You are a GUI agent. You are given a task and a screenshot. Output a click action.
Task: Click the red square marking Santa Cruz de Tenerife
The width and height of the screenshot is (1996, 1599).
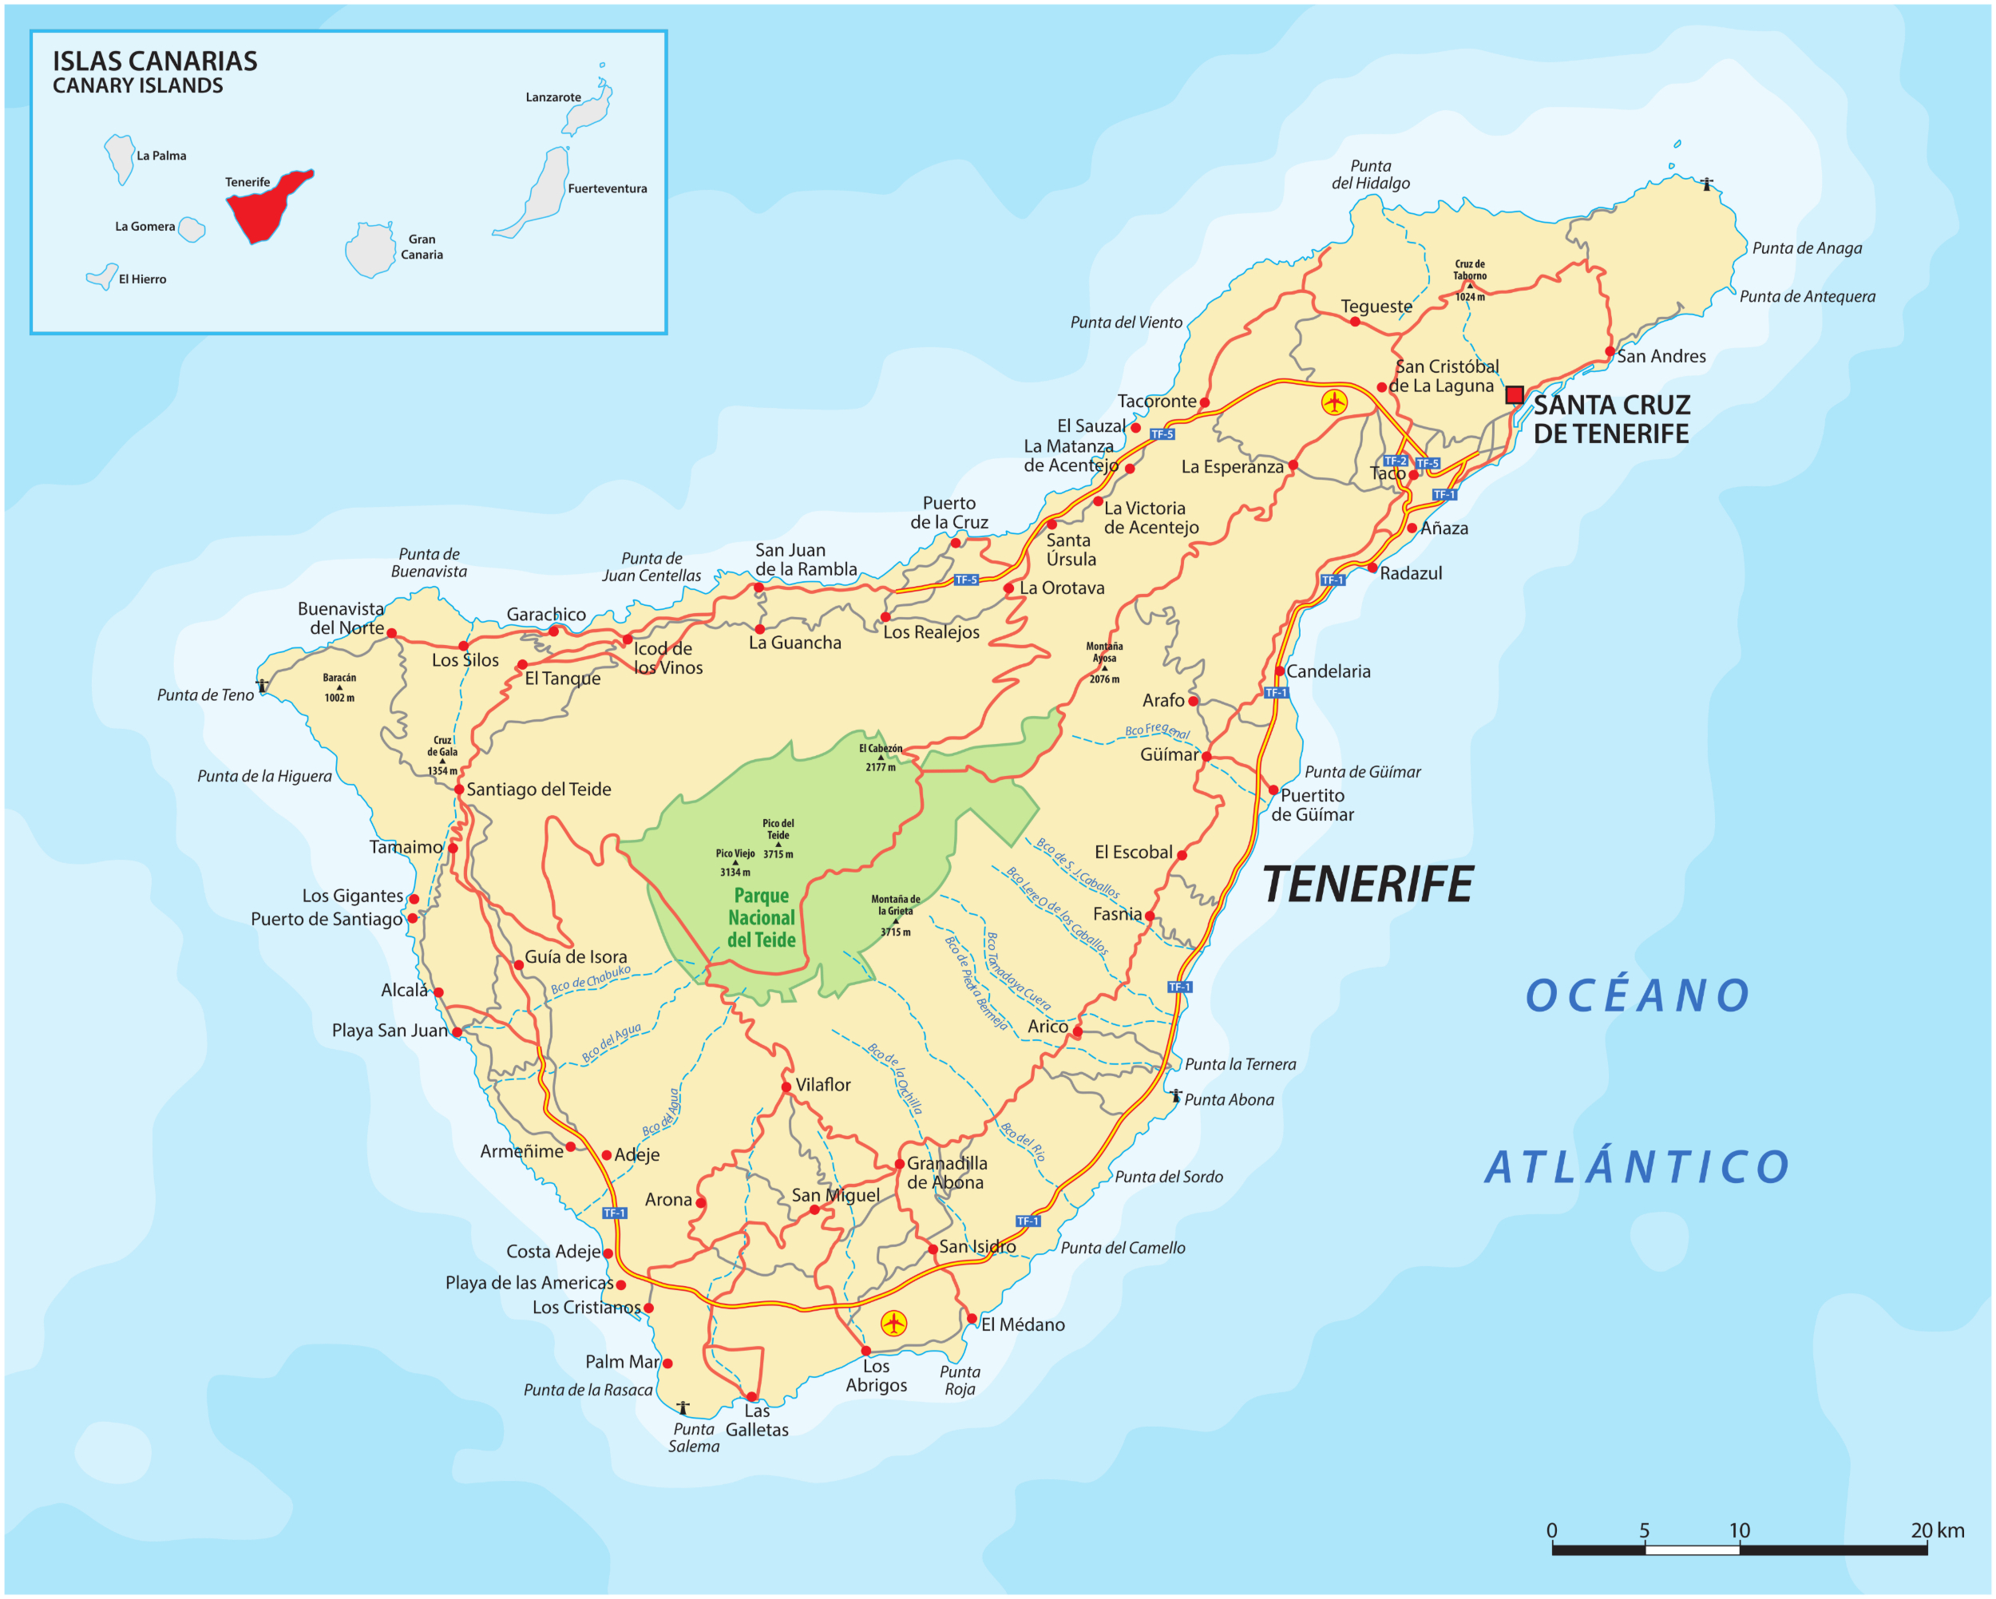[x=1515, y=395]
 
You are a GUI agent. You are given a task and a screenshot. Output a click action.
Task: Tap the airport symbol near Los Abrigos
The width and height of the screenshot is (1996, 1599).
[x=893, y=1323]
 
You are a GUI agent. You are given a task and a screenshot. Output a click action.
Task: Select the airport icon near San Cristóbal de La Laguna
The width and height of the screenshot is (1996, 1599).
[x=1334, y=402]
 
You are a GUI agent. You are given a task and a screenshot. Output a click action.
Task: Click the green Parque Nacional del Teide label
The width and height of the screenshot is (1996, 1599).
[x=761, y=917]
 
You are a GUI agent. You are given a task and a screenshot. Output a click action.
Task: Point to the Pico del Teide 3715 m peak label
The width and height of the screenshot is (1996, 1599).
[x=778, y=838]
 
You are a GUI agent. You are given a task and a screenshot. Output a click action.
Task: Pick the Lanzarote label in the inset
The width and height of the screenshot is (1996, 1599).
[x=553, y=97]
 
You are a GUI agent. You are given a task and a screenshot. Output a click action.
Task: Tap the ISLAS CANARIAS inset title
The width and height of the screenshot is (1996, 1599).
[x=155, y=61]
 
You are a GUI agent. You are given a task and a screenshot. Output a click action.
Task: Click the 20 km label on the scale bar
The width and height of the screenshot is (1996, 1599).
[x=1937, y=1530]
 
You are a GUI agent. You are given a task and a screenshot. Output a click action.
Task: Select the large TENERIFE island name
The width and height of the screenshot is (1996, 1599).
[x=1368, y=885]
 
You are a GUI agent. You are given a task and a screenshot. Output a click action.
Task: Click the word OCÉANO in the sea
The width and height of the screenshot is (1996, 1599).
[x=1638, y=996]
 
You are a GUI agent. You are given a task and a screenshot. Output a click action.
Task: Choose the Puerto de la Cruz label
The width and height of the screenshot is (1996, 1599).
[x=949, y=512]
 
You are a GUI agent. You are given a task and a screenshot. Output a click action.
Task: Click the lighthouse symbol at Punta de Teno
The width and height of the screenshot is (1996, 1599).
[x=263, y=686]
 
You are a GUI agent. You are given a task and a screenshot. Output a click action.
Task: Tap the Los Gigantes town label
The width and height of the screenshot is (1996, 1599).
[x=352, y=896]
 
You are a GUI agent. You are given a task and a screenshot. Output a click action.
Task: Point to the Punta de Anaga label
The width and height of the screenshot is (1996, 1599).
[x=1806, y=248]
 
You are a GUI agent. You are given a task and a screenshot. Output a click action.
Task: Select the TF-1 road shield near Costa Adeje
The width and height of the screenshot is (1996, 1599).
[x=614, y=1213]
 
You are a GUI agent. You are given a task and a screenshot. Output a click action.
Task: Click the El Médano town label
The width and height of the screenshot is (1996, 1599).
[x=1022, y=1325]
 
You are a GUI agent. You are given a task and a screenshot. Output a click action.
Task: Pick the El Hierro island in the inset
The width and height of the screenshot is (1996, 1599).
[x=102, y=277]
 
